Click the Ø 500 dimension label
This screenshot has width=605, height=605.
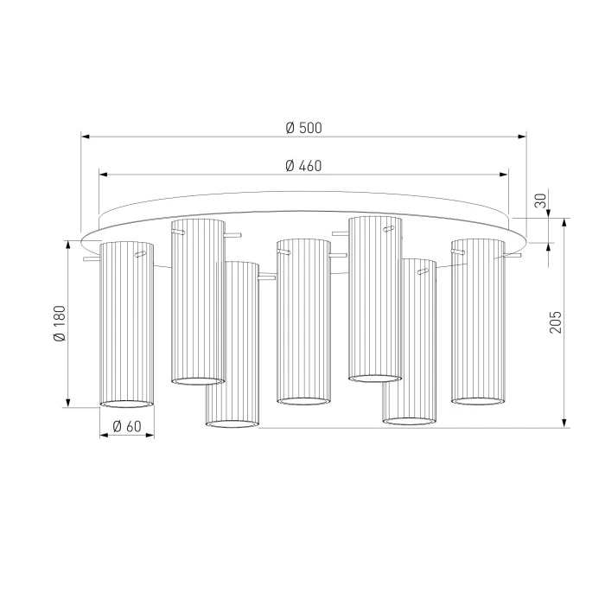303,128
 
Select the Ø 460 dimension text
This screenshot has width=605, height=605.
303,166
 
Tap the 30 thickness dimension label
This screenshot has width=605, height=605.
541,201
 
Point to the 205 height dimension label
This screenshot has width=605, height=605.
556,322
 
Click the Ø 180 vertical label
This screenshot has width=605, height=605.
60,323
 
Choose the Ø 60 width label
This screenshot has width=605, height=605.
127,426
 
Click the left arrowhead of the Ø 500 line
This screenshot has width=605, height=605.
86,137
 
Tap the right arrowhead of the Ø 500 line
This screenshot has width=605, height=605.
522,137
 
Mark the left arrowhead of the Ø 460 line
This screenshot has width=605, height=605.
104,175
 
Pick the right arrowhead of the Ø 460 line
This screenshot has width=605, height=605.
504,175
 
